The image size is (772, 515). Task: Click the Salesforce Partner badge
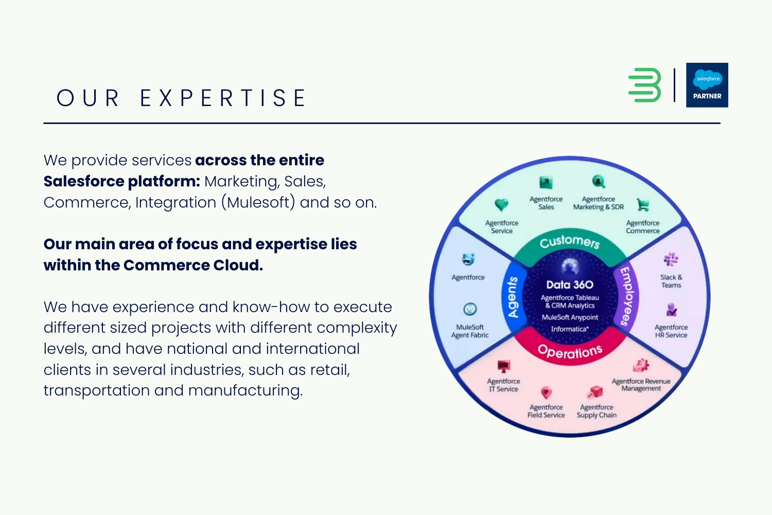[707, 85]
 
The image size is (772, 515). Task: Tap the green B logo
[644, 85]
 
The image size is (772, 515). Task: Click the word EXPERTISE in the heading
[223, 98]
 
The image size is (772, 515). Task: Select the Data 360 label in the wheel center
[570, 285]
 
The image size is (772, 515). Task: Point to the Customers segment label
[570, 241]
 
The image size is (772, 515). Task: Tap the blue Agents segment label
[513, 297]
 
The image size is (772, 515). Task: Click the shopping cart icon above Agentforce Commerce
[643, 205]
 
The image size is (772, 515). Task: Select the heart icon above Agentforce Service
[501, 205]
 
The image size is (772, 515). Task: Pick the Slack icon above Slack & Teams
[671, 259]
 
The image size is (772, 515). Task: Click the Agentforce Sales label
[546, 203]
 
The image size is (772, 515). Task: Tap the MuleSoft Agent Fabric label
[470, 331]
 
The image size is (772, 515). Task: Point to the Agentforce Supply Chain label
[596, 411]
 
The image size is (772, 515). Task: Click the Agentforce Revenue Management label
[641, 385]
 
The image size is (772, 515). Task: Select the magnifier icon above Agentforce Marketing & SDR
[598, 181]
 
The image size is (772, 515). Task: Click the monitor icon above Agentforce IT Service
[503, 366]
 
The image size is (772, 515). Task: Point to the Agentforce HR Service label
[671, 331]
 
